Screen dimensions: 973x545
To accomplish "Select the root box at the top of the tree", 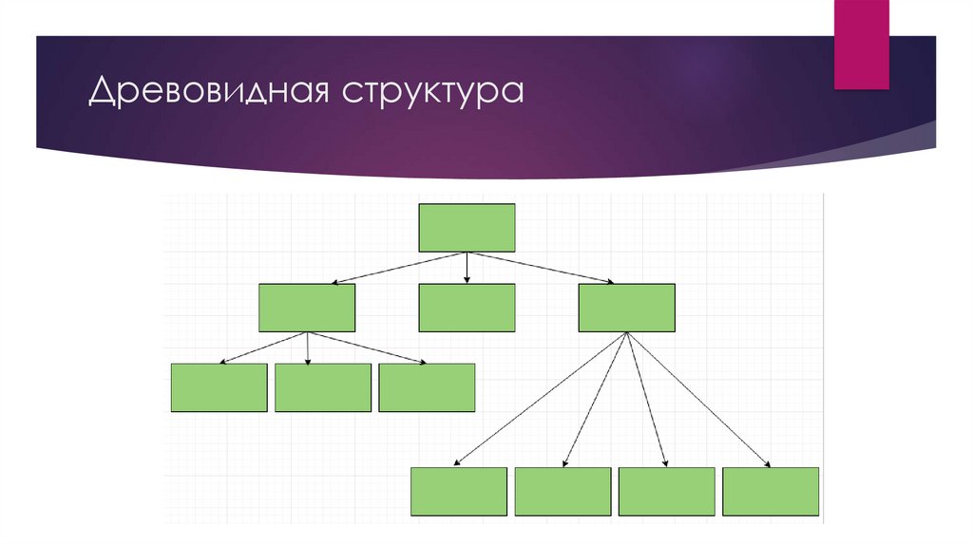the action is coord(467,228).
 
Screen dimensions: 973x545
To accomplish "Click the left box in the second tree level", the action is coord(307,308).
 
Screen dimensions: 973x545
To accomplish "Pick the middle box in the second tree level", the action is coord(467,308).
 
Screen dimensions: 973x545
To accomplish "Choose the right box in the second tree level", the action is coord(627,308).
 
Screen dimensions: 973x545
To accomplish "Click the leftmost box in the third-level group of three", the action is coord(219,388).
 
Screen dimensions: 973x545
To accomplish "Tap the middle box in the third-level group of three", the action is coord(323,388).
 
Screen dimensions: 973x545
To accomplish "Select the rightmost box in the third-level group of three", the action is coord(427,388).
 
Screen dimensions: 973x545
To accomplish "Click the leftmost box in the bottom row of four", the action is coord(459,492).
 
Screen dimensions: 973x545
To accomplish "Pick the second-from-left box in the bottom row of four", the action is coord(563,492).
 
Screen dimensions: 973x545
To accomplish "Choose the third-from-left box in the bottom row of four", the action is coord(666,492).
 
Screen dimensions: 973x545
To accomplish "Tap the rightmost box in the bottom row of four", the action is coord(771,492).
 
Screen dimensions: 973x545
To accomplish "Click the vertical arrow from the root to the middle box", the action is coord(467,268).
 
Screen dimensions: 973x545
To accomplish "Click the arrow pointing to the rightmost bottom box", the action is coord(698,399).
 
